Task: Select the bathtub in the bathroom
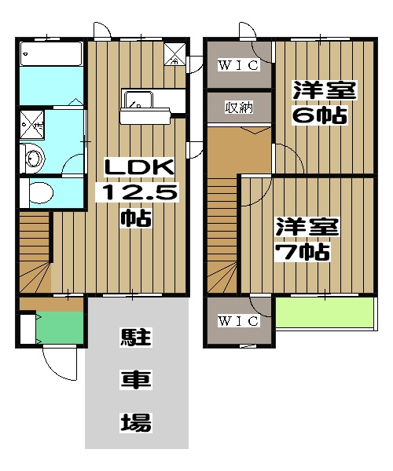[51, 55]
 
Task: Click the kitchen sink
[139, 100]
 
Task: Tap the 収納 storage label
[238, 108]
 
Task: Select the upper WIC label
[238, 66]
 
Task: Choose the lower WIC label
[238, 321]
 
